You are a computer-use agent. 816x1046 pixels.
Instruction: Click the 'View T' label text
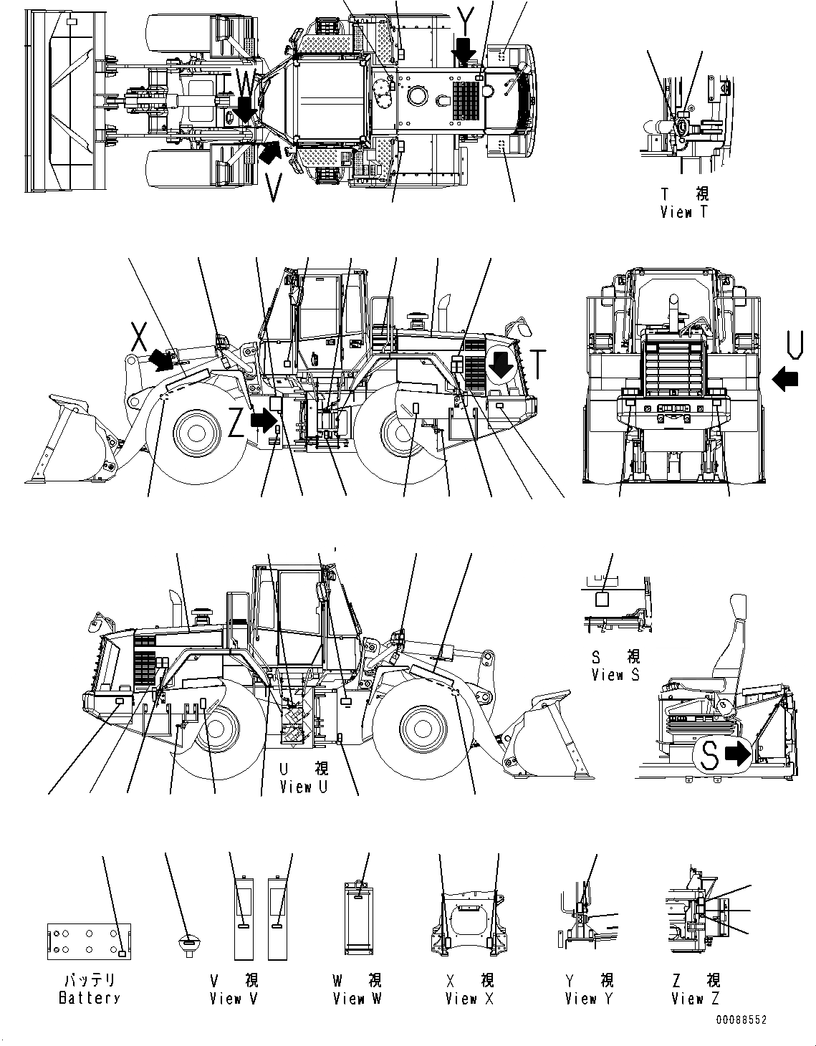[676, 212]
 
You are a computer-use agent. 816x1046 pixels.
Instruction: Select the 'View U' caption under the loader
[304, 787]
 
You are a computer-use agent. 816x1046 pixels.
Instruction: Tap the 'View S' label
[615, 674]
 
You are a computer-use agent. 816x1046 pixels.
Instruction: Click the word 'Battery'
[89, 998]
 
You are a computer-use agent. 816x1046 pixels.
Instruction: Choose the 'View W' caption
[357, 998]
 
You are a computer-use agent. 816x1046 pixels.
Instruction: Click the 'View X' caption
[469, 998]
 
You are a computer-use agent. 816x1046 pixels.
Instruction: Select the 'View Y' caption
[589, 998]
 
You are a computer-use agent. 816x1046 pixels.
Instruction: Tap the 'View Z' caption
[696, 998]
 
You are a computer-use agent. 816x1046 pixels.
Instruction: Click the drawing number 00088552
[740, 1020]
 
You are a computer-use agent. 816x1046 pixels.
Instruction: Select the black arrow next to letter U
[786, 379]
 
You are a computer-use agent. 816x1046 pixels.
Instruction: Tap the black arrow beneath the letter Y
[465, 52]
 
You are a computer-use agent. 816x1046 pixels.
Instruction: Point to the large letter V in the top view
[273, 188]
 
